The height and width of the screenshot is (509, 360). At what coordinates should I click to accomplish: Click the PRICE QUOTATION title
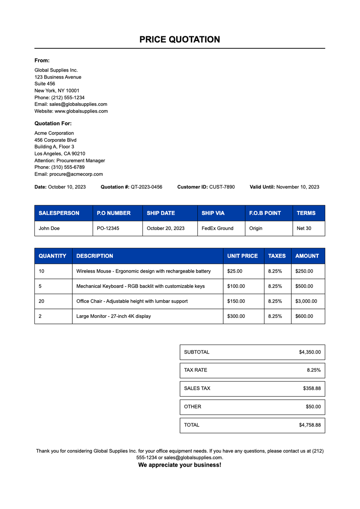[179, 40]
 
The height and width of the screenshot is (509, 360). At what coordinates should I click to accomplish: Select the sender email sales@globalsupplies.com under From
[78, 104]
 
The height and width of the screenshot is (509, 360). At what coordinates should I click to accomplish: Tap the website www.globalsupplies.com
[81, 111]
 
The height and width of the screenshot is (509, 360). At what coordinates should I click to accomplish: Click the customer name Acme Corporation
[54, 133]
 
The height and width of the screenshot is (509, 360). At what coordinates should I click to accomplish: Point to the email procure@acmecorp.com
[76, 174]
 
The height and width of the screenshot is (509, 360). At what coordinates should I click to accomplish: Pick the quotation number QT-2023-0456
[146, 187]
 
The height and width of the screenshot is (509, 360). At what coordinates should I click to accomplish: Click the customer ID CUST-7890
[222, 187]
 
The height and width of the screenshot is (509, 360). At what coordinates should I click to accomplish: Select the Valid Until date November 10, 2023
[298, 187]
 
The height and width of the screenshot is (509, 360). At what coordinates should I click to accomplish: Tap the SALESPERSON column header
[59, 213]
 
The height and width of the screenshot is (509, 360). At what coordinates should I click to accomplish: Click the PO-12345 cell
[108, 229]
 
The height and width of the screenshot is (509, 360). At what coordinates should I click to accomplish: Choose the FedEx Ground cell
[217, 229]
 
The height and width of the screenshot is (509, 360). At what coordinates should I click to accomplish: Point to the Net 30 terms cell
[304, 229]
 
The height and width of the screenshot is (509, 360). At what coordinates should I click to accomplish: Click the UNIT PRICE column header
[242, 256]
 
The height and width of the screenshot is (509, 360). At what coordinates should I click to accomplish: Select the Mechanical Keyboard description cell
[140, 286]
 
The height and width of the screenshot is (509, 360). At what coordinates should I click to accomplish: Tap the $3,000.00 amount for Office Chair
[306, 301]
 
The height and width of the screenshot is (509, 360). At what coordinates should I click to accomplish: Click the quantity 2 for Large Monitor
[40, 316]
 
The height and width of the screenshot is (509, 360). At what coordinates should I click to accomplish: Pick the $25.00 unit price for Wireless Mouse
[235, 271]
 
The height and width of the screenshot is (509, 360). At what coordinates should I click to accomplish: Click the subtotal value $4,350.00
[310, 352]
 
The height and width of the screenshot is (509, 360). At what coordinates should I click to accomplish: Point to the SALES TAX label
[197, 388]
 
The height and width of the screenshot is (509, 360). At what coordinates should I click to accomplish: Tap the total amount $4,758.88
[310, 425]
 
